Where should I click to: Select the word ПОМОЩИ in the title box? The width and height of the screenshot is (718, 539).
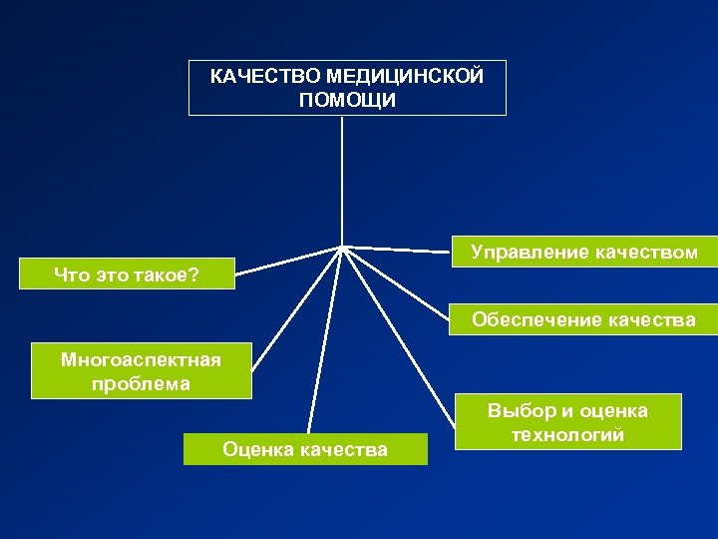click(x=347, y=100)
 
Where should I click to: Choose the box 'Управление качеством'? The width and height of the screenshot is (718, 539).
click(x=583, y=252)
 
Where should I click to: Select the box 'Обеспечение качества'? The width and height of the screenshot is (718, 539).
click(x=583, y=319)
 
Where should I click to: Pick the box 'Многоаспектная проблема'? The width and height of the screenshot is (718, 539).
click(x=141, y=370)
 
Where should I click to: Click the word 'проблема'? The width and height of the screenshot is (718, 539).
click(x=141, y=383)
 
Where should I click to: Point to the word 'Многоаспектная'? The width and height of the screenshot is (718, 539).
click(x=141, y=358)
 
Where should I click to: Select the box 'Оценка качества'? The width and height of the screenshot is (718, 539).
click(x=305, y=449)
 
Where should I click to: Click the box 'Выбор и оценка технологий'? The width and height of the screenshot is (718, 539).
click(x=567, y=422)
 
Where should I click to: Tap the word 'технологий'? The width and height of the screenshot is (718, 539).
click(x=567, y=434)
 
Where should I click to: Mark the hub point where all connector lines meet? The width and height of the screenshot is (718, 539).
click(x=343, y=246)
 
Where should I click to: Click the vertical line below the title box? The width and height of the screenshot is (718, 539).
click(x=343, y=180)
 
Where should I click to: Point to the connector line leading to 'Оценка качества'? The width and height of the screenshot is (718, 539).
click(x=326, y=339)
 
